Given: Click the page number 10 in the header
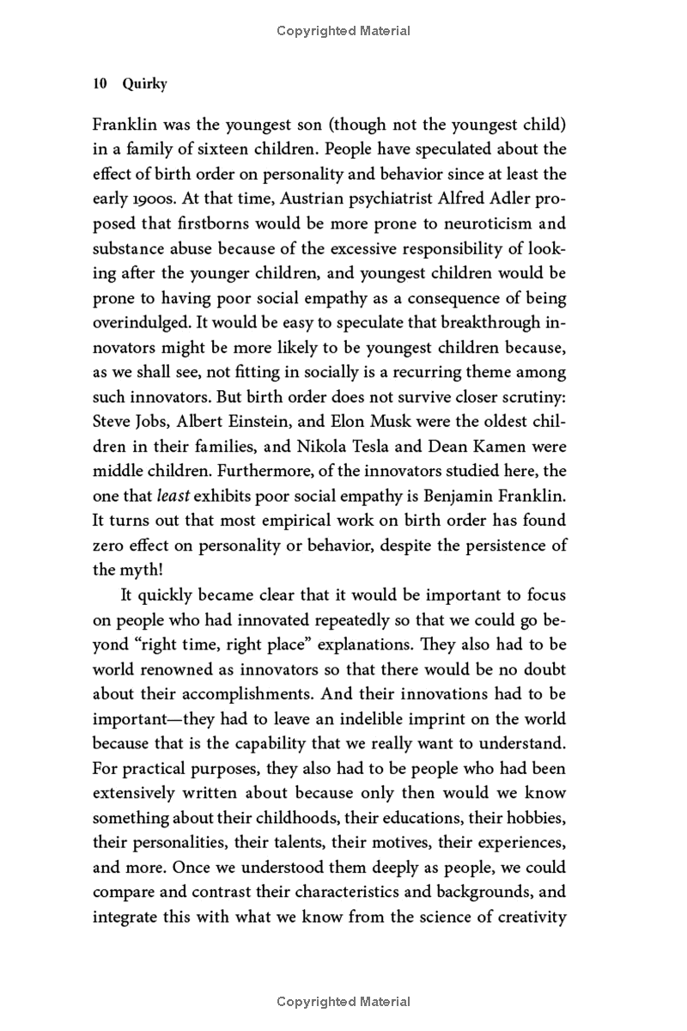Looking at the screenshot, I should click(99, 84).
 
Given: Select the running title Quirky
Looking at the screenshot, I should click(145, 84).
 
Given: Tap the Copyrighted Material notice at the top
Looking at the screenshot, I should click(343, 31).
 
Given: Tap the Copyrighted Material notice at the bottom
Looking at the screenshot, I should click(343, 1002).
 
